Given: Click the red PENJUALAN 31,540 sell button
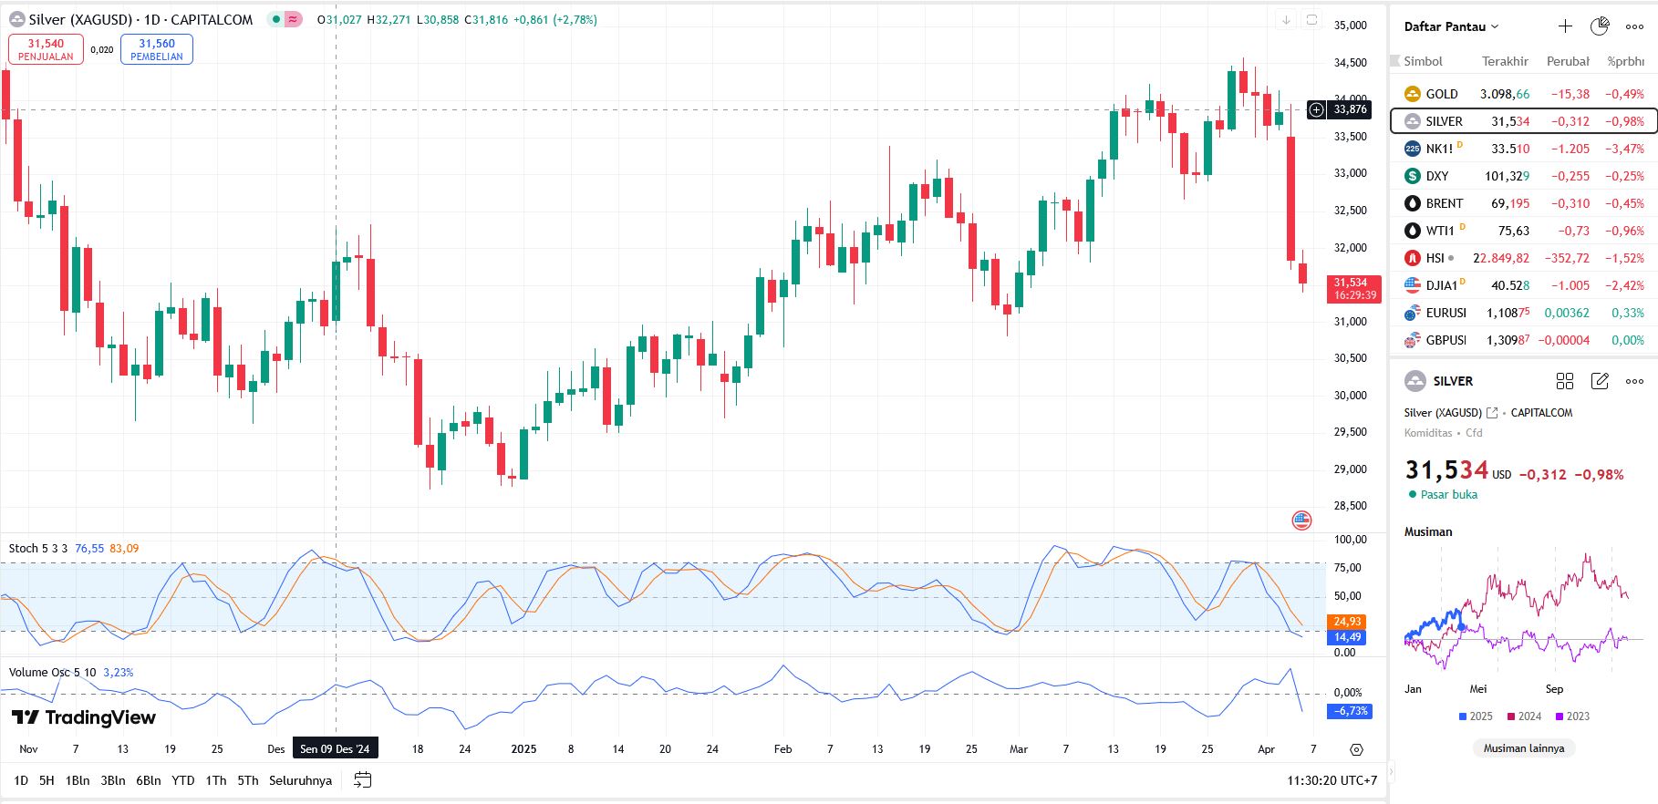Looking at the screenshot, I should [x=46, y=49].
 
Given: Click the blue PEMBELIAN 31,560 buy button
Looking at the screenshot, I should [x=157, y=49].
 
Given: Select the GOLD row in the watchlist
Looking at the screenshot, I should [x=1441, y=94].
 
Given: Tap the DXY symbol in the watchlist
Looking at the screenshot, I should [x=1436, y=176].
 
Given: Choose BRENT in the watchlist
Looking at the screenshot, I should [x=1444, y=203].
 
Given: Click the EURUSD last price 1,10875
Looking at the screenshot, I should [x=1508, y=313].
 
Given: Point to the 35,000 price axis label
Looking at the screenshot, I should [x=1350, y=26].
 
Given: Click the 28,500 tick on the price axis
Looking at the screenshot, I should [x=1350, y=506].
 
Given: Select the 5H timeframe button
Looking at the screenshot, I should [x=47, y=780].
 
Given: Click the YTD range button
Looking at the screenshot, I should [x=182, y=780].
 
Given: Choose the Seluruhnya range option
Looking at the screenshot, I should [x=300, y=780].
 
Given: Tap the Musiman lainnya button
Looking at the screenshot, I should [x=1523, y=748].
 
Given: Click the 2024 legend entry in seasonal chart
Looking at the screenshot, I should [x=1525, y=716].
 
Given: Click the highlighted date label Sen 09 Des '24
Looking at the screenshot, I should [x=335, y=749].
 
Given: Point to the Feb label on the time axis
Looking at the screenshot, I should [x=782, y=749].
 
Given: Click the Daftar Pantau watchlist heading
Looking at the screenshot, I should [x=1450, y=26].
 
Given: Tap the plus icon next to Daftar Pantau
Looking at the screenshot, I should [x=1565, y=26].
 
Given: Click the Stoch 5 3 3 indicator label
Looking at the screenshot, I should [x=37, y=549].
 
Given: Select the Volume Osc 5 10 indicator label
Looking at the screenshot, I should [x=52, y=673].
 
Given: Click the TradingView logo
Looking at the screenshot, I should [x=84, y=718].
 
